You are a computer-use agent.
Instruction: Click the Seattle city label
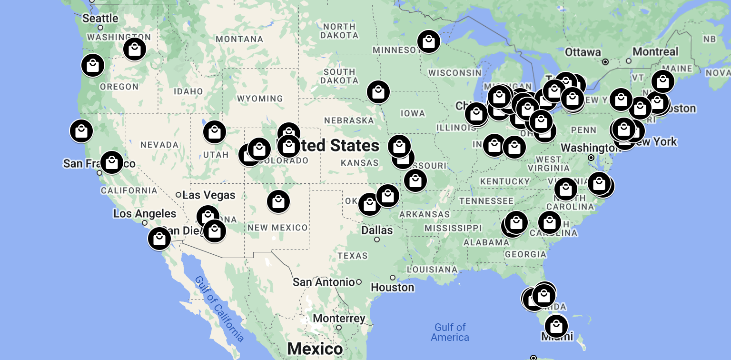100,19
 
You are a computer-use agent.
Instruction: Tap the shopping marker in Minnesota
428,41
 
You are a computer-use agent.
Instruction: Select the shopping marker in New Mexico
278,201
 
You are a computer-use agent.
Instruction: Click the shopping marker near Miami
556,326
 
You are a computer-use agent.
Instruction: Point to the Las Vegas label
209,195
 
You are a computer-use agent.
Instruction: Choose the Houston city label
393,287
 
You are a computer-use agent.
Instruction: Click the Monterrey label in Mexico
339,318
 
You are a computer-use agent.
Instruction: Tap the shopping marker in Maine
662,81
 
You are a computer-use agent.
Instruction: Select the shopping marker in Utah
214,132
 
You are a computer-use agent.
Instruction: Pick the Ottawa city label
583,52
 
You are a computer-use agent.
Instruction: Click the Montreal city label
655,51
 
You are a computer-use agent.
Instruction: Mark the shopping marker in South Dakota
378,92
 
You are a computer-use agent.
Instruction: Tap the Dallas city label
377,230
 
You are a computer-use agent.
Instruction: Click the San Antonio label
324,282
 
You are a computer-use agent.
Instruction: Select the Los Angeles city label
145,214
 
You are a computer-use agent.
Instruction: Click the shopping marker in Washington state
135,49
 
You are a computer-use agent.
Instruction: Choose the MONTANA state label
239,39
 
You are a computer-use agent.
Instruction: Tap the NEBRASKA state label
349,120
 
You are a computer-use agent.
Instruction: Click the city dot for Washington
591,158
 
